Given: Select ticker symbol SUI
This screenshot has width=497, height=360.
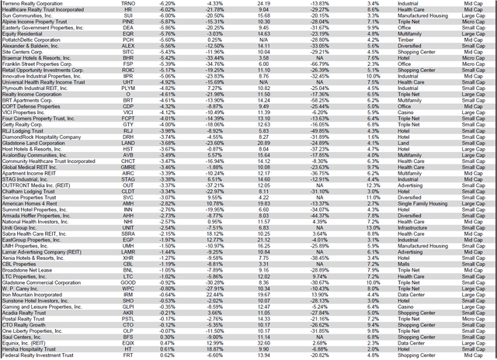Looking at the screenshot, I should [x=149, y=15].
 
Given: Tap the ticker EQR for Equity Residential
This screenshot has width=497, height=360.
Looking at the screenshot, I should [x=149, y=33].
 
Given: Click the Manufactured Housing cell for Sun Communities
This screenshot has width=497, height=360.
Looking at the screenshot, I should [x=406, y=15].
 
